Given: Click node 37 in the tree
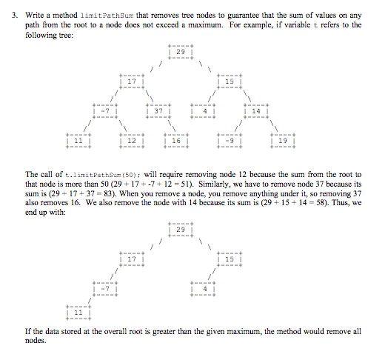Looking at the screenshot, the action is [x=158, y=110].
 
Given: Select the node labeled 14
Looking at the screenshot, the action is [x=255, y=110].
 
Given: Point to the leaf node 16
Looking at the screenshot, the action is [x=176, y=140].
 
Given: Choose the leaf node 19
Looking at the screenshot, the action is [x=283, y=140].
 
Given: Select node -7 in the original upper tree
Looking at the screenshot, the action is [x=105, y=110].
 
